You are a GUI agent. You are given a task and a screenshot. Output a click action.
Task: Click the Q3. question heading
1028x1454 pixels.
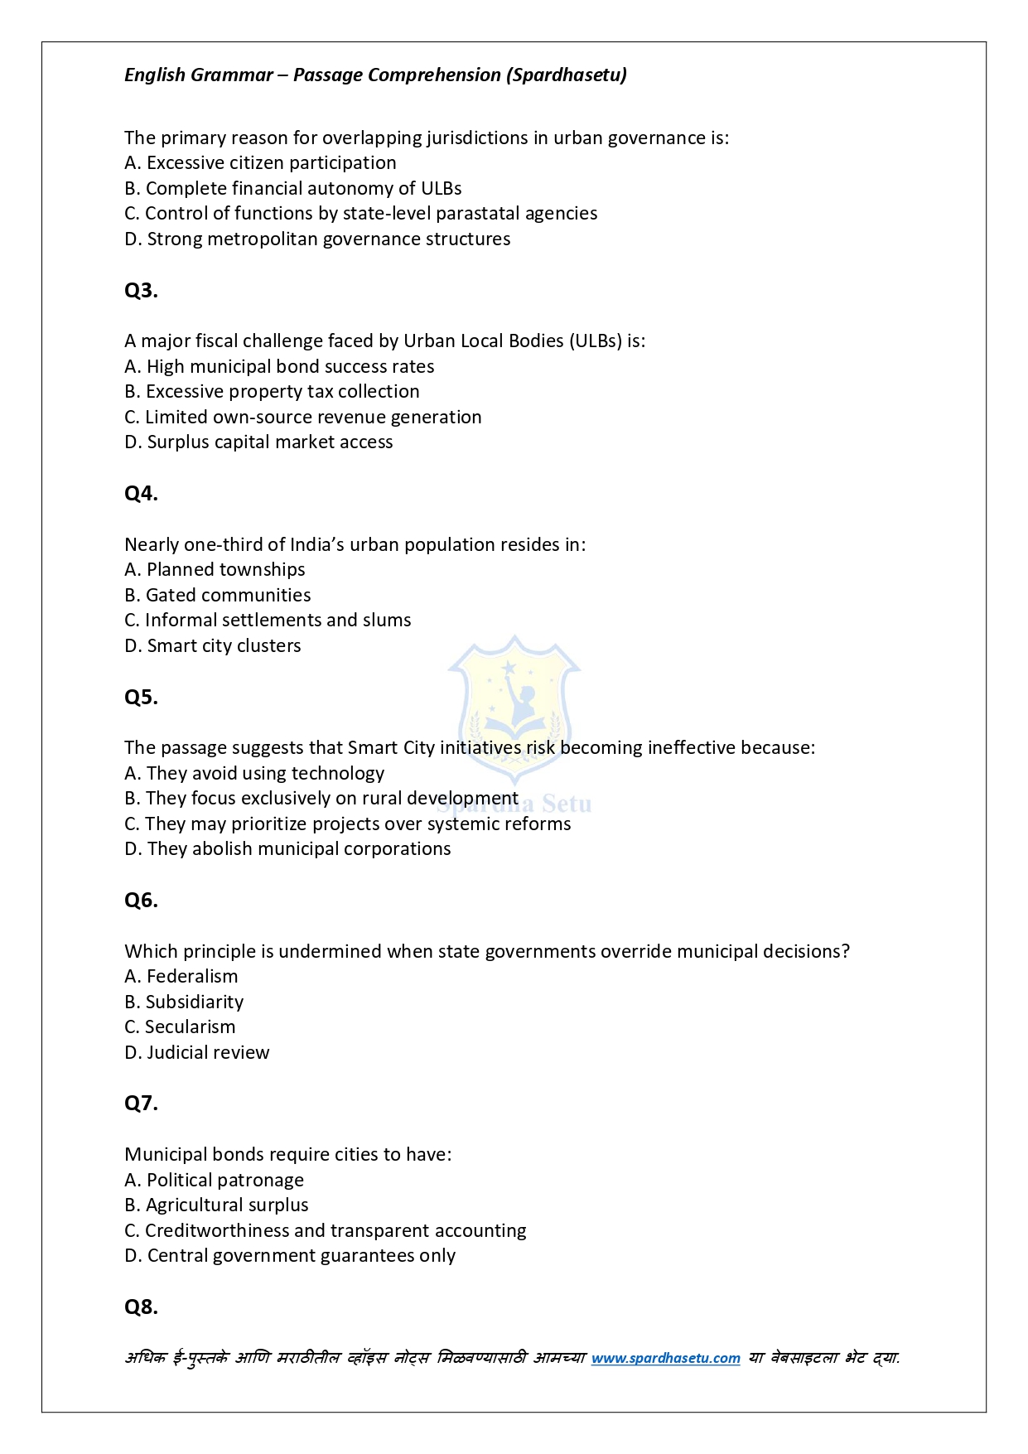(141, 291)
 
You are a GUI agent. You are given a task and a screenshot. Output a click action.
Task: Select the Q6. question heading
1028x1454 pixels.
(141, 901)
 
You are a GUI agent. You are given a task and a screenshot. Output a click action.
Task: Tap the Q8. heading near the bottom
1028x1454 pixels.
(141, 1307)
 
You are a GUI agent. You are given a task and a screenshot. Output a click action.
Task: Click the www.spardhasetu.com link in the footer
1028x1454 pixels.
(665, 1358)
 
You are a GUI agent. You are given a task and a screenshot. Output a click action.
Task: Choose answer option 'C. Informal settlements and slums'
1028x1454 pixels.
(268, 621)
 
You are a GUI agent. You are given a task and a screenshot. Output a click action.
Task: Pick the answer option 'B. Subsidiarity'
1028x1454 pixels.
(184, 1002)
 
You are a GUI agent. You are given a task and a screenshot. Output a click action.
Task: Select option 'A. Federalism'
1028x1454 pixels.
(181, 977)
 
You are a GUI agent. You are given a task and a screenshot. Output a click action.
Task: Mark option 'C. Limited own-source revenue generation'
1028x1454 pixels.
(303, 418)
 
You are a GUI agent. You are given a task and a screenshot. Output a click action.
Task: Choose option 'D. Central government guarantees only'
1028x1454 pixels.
(290, 1256)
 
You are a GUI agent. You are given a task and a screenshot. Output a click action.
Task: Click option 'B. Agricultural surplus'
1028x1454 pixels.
(216, 1205)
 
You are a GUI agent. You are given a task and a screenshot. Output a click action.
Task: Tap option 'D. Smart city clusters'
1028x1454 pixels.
(213, 646)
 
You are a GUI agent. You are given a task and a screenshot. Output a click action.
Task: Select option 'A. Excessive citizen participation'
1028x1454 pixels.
(260, 163)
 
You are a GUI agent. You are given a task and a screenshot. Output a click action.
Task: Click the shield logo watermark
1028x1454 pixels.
(514, 704)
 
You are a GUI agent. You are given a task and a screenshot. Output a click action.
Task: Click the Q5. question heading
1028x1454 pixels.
(141, 698)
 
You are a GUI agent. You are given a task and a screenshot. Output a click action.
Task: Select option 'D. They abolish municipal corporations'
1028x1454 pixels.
(287, 849)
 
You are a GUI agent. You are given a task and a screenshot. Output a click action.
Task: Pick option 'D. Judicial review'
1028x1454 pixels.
(197, 1053)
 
